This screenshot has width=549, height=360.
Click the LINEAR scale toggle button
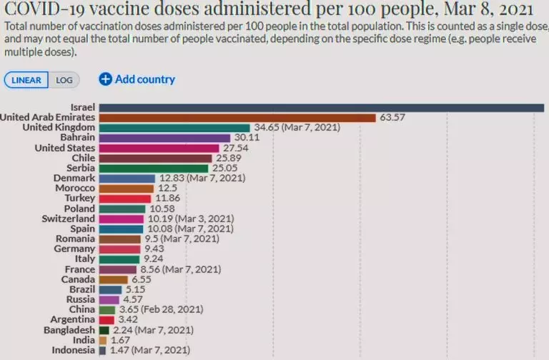(26, 80)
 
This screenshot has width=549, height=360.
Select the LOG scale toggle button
(64, 80)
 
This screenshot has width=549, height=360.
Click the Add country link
(144, 79)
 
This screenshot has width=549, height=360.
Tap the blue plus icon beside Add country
(105, 79)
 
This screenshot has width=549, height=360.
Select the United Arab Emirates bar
(236, 117)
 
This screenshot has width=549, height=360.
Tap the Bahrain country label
(75, 137)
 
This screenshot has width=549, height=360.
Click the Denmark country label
(74, 178)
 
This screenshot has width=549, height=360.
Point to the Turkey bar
(124, 198)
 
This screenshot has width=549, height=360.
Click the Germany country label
(74, 249)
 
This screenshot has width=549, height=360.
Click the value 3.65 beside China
(128, 310)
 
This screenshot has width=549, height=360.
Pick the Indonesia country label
(73, 350)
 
